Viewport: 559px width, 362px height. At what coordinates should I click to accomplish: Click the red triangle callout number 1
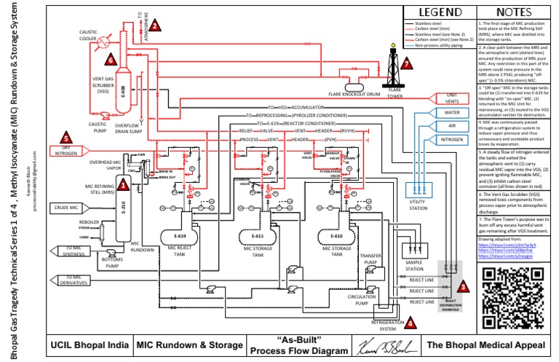(124, 186)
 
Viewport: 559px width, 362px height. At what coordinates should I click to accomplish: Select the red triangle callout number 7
(406, 63)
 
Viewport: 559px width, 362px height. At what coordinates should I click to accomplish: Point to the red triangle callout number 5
(66, 136)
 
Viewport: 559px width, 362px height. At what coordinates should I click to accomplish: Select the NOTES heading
(512, 12)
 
